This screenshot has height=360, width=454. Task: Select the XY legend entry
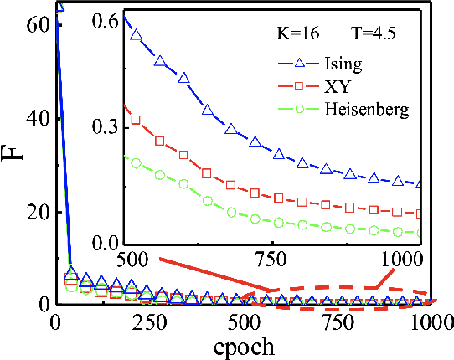click(334, 87)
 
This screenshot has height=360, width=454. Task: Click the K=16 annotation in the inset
click(297, 35)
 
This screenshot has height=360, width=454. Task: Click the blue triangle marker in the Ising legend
click(295, 64)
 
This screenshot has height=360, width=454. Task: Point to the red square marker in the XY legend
click(295, 87)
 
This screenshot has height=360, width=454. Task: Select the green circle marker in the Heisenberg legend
click(295, 111)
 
